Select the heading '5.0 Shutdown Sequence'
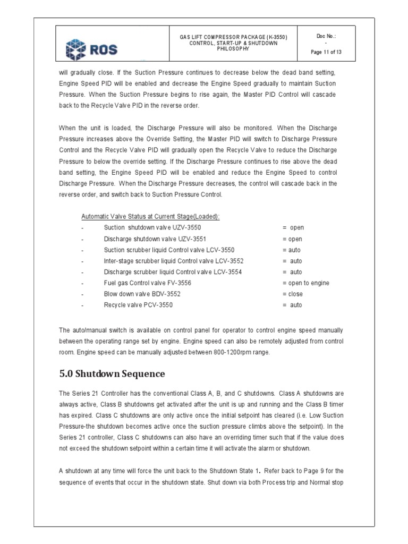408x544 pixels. [112, 374]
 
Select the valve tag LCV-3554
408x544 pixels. [226, 272]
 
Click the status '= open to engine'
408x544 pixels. [305, 283]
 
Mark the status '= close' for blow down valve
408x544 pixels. [293, 294]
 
